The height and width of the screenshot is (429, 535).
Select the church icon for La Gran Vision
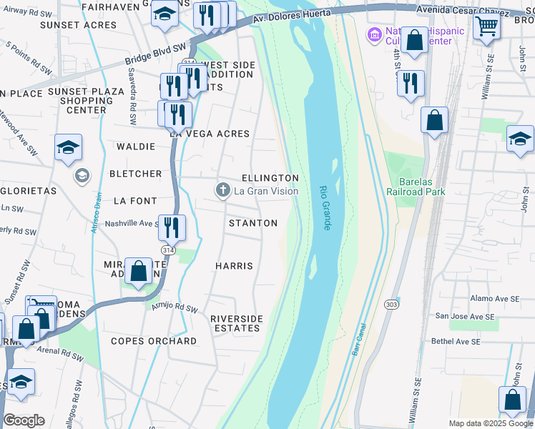(x=223, y=190)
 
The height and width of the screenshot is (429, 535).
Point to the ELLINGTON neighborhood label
(x=270, y=177)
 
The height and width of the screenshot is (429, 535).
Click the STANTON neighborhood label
(x=252, y=223)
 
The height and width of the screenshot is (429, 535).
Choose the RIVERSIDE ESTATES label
(x=236, y=323)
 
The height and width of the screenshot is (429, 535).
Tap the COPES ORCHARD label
(x=154, y=341)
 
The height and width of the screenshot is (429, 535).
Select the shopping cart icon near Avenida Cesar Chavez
(x=487, y=27)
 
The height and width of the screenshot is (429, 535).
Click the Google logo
(x=24, y=420)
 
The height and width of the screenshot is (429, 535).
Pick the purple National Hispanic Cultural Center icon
(x=374, y=34)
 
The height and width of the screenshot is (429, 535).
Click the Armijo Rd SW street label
(x=174, y=307)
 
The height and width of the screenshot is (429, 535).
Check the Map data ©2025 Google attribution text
(x=490, y=423)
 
